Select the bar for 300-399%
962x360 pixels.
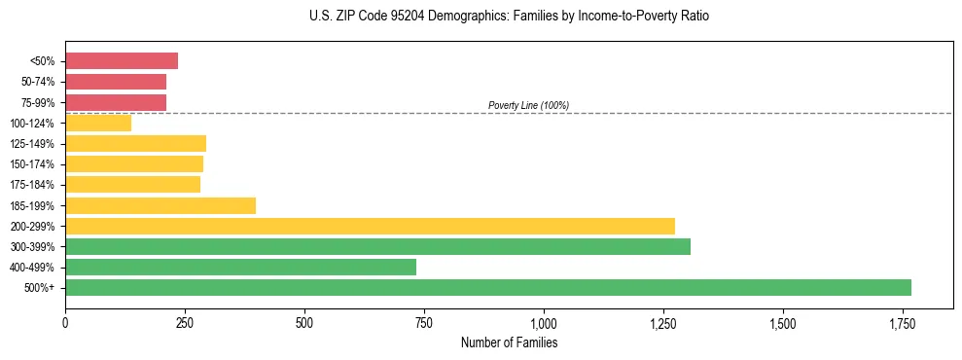pos(377,246)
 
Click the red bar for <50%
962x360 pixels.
pos(122,61)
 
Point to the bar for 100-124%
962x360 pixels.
pos(98,123)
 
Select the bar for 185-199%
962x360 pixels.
pos(160,205)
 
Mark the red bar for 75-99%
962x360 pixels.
pos(116,102)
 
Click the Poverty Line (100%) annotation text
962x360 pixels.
pos(528,105)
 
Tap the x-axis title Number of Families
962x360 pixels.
pos(509,342)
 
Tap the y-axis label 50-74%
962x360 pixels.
pos(38,82)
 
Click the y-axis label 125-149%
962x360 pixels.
pos(33,144)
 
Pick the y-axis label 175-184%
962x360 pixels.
pos(33,185)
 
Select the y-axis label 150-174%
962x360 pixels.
pos(33,164)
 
